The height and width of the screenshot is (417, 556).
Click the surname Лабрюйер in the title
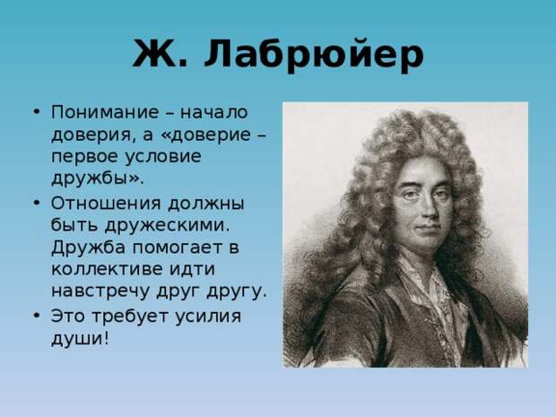click(314, 55)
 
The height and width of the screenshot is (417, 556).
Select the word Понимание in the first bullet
click(105, 112)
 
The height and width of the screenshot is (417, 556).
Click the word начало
click(213, 113)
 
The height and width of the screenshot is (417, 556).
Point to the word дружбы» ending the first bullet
click(98, 178)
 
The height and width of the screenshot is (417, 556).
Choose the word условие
click(163, 157)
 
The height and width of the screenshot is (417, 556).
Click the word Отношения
click(106, 204)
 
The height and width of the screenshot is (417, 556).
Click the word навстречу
click(100, 291)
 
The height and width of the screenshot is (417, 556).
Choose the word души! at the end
click(80, 338)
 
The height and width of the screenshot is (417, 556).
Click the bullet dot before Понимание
click(36, 112)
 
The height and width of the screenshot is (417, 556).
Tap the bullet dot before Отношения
click(36, 204)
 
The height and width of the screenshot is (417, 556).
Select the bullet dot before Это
click(36, 316)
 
